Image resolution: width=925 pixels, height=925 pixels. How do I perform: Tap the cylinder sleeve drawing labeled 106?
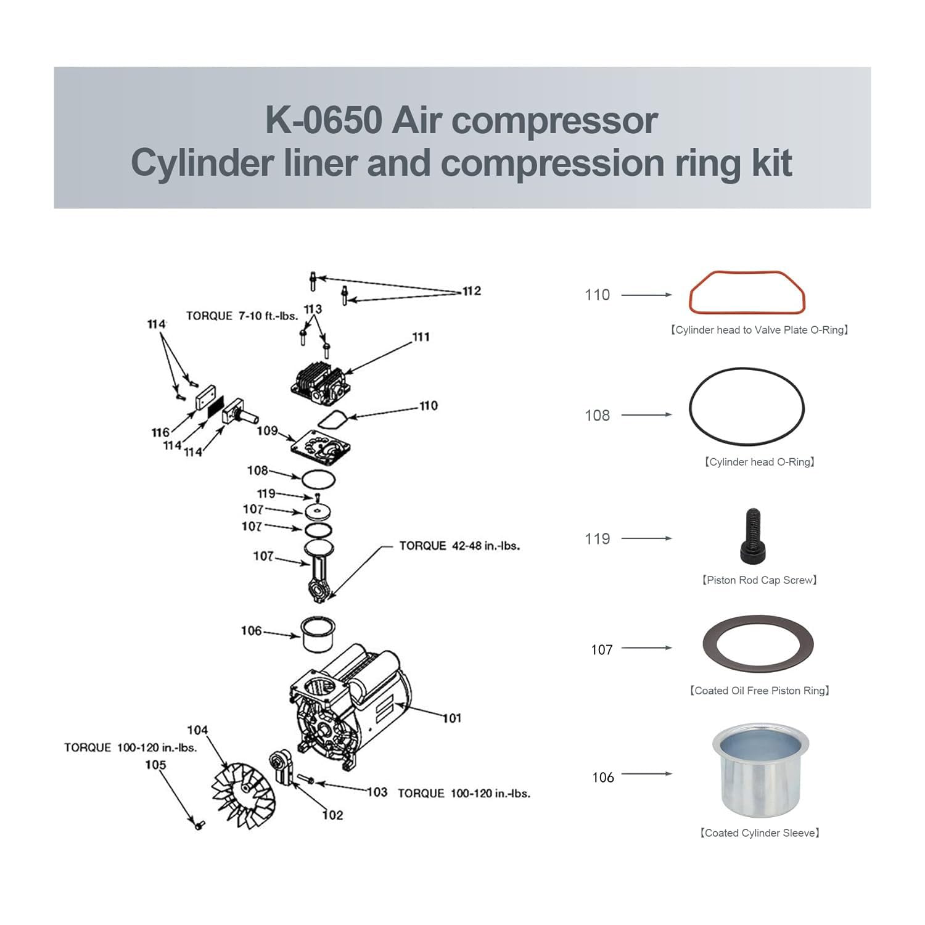(318, 635)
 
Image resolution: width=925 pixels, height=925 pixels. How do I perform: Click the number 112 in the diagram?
(472, 291)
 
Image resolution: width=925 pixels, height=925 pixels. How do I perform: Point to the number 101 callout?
(451, 718)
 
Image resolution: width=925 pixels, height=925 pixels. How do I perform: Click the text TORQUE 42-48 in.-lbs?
(459, 546)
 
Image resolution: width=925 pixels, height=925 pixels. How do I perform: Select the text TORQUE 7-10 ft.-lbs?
(242, 316)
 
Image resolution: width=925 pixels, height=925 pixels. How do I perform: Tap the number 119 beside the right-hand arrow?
(597, 539)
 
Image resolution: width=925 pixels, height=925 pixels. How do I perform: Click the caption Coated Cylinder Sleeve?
(760, 833)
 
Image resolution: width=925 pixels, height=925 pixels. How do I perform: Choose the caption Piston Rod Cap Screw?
(760, 580)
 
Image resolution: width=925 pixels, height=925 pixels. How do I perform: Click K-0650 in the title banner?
(323, 120)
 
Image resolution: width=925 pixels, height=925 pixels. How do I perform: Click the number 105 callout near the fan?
(155, 765)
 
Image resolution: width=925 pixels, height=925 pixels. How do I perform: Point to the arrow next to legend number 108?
(646, 415)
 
